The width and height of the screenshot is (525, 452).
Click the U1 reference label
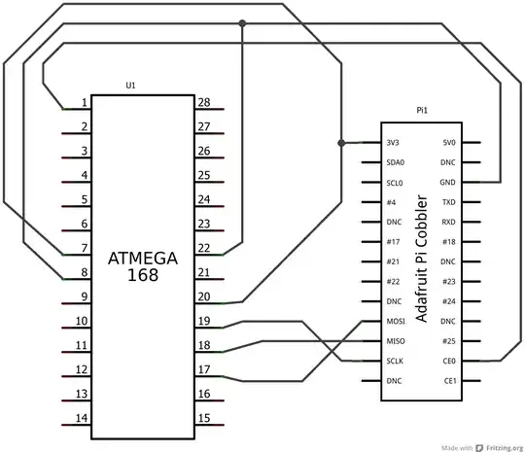pos(130,86)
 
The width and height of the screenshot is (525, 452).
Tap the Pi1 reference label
pos(422,110)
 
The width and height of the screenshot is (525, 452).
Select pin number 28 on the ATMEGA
pos(204,102)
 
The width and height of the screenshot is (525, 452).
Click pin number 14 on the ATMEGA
pos(82,418)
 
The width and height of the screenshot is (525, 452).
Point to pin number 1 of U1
pos(85,102)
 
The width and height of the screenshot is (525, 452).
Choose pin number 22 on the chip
pos(204,248)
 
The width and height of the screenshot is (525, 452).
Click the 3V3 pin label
pos(393,143)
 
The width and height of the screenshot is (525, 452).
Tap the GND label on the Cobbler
pos(447,182)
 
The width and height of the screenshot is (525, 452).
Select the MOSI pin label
pos(396,322)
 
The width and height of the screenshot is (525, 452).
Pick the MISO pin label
pos(396,341)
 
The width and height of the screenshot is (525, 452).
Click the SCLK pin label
pos(395,361)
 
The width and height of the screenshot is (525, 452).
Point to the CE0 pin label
pos(449,361)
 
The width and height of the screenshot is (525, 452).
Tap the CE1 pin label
pos(450,381)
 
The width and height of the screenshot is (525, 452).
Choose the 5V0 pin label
pos(449,143)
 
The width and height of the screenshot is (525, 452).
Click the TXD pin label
pos(449,202)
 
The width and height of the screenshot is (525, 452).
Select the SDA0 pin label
pos(396,162)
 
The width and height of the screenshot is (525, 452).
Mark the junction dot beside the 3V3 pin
pos(341,143)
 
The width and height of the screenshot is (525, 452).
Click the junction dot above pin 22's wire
pos(242,23)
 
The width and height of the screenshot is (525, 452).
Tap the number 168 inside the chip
pos(143,275)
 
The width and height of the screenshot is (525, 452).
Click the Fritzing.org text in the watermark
pos(505,448)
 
